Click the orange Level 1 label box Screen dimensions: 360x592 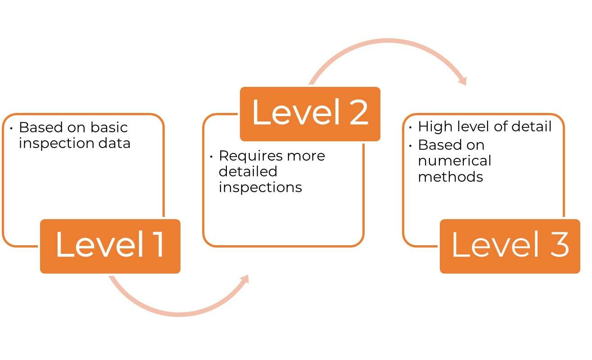click(x=110, y=246)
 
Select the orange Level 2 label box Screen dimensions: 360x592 click(x=310, y=114)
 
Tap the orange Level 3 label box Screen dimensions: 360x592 click(x=510, y=246)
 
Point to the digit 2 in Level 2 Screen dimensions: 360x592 click(x=358, y=112)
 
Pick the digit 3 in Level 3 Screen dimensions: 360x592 click(x=559, y=245)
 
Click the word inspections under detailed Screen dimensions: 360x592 click(x=260, y=187)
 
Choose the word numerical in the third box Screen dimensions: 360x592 click(x=454, y=161)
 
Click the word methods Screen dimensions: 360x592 click(x=450, y=177)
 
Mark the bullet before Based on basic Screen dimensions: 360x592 click(x=11, y=128)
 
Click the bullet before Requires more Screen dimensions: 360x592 click(x=211, y=157)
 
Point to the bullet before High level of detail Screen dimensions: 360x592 click(x=411, y=127)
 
